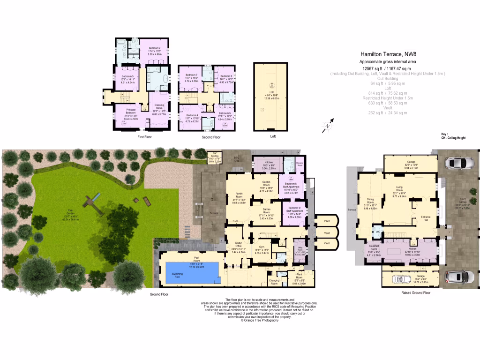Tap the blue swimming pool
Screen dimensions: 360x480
pyautogui.click(x=192, y=272)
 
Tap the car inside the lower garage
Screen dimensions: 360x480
pyautogui.click(x=406, y=278)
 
